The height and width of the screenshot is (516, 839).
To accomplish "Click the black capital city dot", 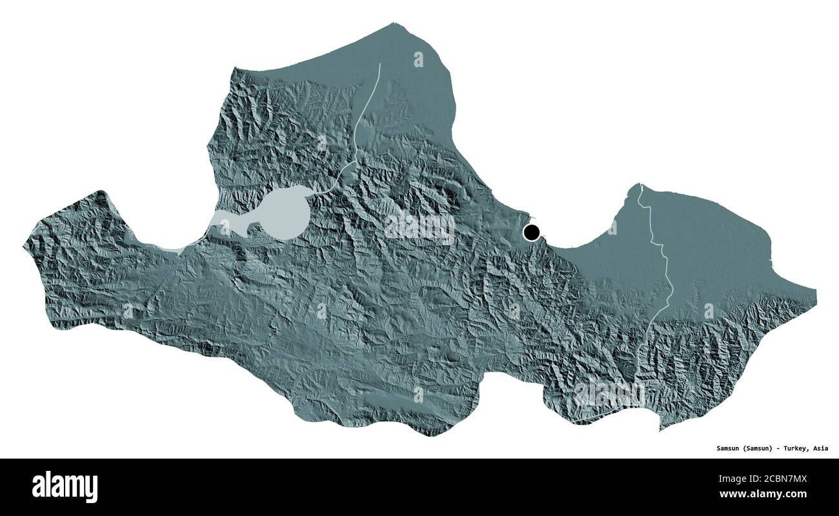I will (532, 232).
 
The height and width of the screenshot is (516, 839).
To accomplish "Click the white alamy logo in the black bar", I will (65, 486).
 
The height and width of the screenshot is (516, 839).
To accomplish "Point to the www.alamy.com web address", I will (763, 495).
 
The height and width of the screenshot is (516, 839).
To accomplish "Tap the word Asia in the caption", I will (820, 448).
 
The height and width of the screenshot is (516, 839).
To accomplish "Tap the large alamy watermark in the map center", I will (419, 227).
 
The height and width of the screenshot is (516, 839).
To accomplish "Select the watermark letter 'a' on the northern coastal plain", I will (418, 59).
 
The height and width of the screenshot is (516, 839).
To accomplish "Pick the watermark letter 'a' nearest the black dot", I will (611, 227).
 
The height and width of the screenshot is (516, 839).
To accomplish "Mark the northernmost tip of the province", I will (394, 24).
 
